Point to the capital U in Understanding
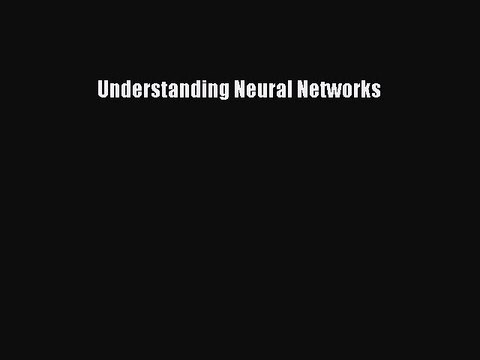tap(103, 89)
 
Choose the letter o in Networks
tap(343, 90)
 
